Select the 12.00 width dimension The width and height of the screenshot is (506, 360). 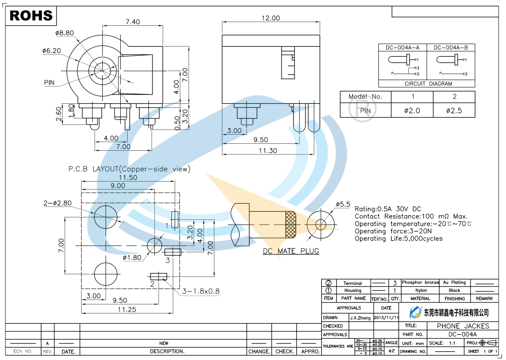271,18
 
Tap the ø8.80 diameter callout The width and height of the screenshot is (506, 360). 64,33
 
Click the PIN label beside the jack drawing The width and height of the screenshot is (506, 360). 49,83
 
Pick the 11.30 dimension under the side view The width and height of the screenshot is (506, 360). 268,150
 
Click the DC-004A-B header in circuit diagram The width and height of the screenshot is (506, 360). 450,47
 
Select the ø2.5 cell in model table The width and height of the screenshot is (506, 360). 454,111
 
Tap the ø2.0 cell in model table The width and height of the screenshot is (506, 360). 412,111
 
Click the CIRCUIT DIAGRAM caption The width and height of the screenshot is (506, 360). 428,84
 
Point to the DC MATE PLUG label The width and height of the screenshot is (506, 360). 291,251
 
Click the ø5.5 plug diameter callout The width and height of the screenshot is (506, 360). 343,204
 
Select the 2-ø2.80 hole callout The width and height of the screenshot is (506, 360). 57,203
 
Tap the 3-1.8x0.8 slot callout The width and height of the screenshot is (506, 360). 200,291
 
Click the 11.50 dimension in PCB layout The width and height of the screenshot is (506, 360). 128,177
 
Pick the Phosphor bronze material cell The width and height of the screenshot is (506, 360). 420,283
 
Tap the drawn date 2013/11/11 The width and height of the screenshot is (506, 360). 386,318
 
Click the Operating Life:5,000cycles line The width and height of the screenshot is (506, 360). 398,239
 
